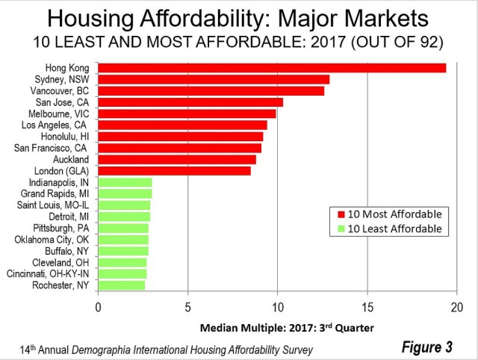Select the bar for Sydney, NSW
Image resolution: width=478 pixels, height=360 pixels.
pyautogui.click(x=214, y=79)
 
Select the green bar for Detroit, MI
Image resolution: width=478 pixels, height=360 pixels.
pyautogui.click(x=124, y=217)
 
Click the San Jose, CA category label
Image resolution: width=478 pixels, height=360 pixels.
pyautogui.click(x=63, y=102)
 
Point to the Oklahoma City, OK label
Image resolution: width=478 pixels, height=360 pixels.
pyautogui.click(x=52, y=240)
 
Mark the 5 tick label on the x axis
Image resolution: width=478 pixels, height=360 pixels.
pyautogui.click(x=187, y=306)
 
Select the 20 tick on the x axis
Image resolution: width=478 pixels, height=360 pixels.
pyautogui.click(x=457, y=306)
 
